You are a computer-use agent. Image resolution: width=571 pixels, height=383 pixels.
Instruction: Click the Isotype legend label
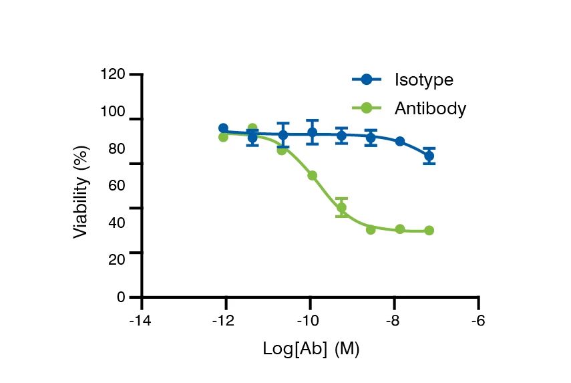pyautogui.click(x=423, y=80)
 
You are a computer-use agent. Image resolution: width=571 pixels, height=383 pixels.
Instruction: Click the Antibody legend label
pyautogui.click(x=429, y=108)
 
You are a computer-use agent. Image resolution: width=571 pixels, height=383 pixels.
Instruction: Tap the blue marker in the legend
pyautogui.click(x=366, y=80)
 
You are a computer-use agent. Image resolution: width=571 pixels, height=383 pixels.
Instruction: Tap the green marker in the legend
pyautogui.click(x=366, y=108)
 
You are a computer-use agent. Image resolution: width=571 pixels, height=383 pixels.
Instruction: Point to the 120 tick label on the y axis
pyautogui.click(x=112, y=74)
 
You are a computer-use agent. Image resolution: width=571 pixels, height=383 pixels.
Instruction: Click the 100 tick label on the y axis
pyautogui.click(x=112, y=112)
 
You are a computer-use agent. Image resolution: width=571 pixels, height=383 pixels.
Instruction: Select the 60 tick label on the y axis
pyautogui.click(x=116, y=185)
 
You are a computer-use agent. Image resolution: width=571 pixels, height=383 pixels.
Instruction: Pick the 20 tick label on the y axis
pyautogui.click(x=116, y=259)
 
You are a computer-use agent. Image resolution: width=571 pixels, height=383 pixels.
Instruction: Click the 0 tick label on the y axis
pyautogui.click(x=121, y=297)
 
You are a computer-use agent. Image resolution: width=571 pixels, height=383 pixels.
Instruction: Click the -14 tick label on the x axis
pyautogui.click(x=141, y=321)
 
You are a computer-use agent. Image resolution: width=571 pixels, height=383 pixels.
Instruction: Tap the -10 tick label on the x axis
pyautogui.click(x=309, y=321)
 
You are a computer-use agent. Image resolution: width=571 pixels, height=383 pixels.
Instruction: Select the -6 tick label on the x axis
pyautogui.click(x=478, y=321)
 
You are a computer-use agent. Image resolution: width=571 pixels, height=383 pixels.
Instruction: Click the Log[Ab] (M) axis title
pyautogui.click(x=311, y=349)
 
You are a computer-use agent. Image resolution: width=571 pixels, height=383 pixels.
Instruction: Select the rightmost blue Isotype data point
pyautogui.click(x=429, y=156)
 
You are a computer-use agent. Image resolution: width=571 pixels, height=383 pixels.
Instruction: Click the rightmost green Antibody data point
pyautogui.click(x=429, y=231)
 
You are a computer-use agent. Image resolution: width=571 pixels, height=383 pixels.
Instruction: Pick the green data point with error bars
pyautogui.click(x=341, y=207)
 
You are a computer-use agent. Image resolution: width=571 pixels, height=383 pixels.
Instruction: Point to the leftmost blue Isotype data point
pyautogui.click(x=223, y=128)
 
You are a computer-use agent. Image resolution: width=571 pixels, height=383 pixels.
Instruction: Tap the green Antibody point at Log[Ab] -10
pyautogui.click(x=312, y=175)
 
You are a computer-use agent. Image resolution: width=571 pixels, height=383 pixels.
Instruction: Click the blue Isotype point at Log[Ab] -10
pyautogui.click(x=312, y=132)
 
